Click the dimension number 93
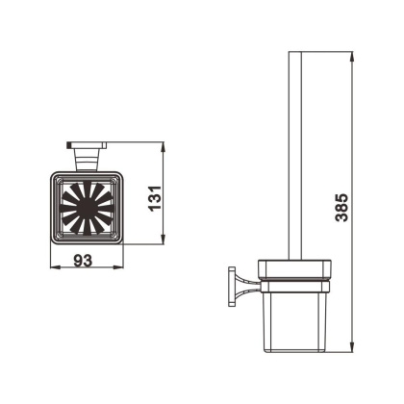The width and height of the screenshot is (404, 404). pyautogui.click(x=83, y=260)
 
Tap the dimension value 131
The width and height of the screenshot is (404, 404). pyautogui.click(x=155, y=198)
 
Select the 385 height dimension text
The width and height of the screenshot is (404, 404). pyautogui.click(x=341, y=208)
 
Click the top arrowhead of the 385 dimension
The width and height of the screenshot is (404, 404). pyautogui.click(x=352, y=57)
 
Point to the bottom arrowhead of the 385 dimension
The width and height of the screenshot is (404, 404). pyautogui.click(x=352, y=347)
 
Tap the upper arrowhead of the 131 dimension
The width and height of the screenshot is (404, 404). pyautogui.click(x=164, y=147)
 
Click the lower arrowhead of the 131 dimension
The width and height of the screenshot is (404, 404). pyautogui.click(x=164, y=240)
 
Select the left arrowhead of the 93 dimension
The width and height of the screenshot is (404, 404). pyautogui.click(x=56, y=266)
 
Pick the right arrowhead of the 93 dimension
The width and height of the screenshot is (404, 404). pyautogui.click(x=118, y=266)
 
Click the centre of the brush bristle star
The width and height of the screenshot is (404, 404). pyautogui.click(x=87, y=207)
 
